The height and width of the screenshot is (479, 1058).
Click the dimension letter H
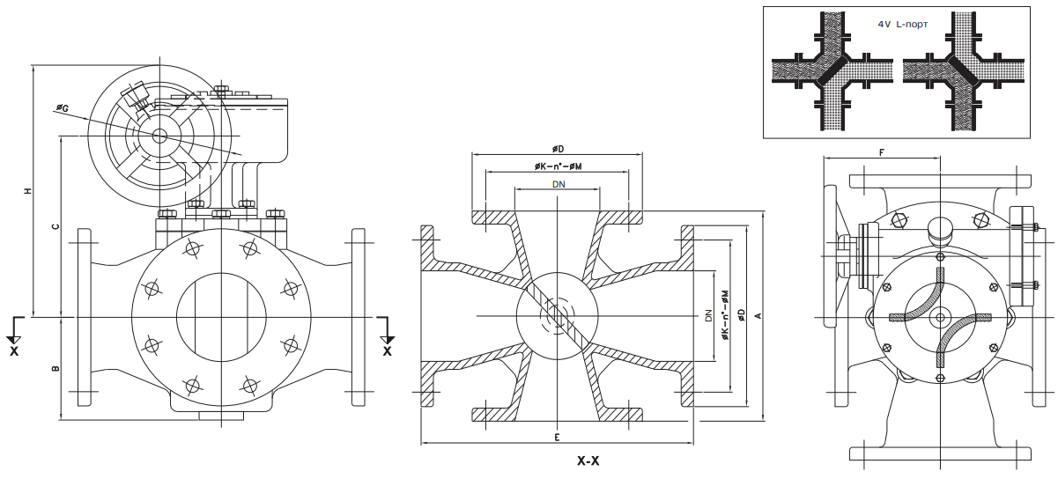29,191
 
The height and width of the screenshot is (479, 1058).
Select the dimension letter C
55,226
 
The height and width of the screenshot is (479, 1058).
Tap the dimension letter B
55,368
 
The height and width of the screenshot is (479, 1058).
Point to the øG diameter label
63,107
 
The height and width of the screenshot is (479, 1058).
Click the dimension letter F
882,152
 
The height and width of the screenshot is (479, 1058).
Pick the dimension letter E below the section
558,437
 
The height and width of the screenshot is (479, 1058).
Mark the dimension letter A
758,314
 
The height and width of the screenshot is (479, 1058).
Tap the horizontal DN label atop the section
559,184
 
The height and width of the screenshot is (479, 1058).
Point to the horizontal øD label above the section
558,149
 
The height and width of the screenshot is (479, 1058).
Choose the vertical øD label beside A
742,314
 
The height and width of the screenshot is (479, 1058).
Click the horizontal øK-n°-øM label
558,166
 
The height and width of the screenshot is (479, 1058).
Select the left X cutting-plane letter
14,350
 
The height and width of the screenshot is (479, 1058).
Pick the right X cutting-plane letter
387,350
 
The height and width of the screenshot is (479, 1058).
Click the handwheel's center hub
159,136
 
